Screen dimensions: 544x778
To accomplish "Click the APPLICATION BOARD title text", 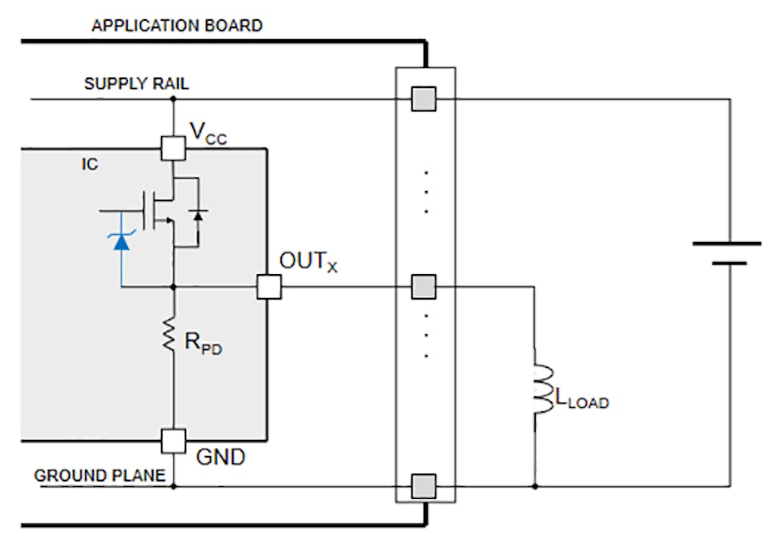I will pyautogui.click(x=177, y=26).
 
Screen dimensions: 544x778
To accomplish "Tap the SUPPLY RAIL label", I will pyautogui.click(x=137, y=85).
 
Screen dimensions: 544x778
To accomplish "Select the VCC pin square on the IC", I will pyautogui.click(x=173, y=148).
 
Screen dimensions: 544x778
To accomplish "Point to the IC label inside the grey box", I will pyautogui.click(x=90, y=165).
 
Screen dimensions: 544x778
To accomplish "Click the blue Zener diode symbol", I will pyautogui.click(x=121, y=241).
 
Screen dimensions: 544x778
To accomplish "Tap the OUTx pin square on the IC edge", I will pyautogui.click(x=268, y=287).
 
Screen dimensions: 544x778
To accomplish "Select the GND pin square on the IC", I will pyautogui.click(x=173, y=441).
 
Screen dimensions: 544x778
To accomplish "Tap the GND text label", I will pyautogui.click(x=221, y=457).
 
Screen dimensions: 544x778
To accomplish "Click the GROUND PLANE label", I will pyautogui.click(x=99, y=476).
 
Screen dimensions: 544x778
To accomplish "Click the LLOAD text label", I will pyautogui.click(x=581, y=400).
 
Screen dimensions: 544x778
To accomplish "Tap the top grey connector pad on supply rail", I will pyautogui.click(x=424, y=99).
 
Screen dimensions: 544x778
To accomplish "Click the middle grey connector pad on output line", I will pyautogui.click(x=424, y=287).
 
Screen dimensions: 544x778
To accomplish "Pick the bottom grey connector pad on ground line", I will pyautogui.click(x=424, y=485).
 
